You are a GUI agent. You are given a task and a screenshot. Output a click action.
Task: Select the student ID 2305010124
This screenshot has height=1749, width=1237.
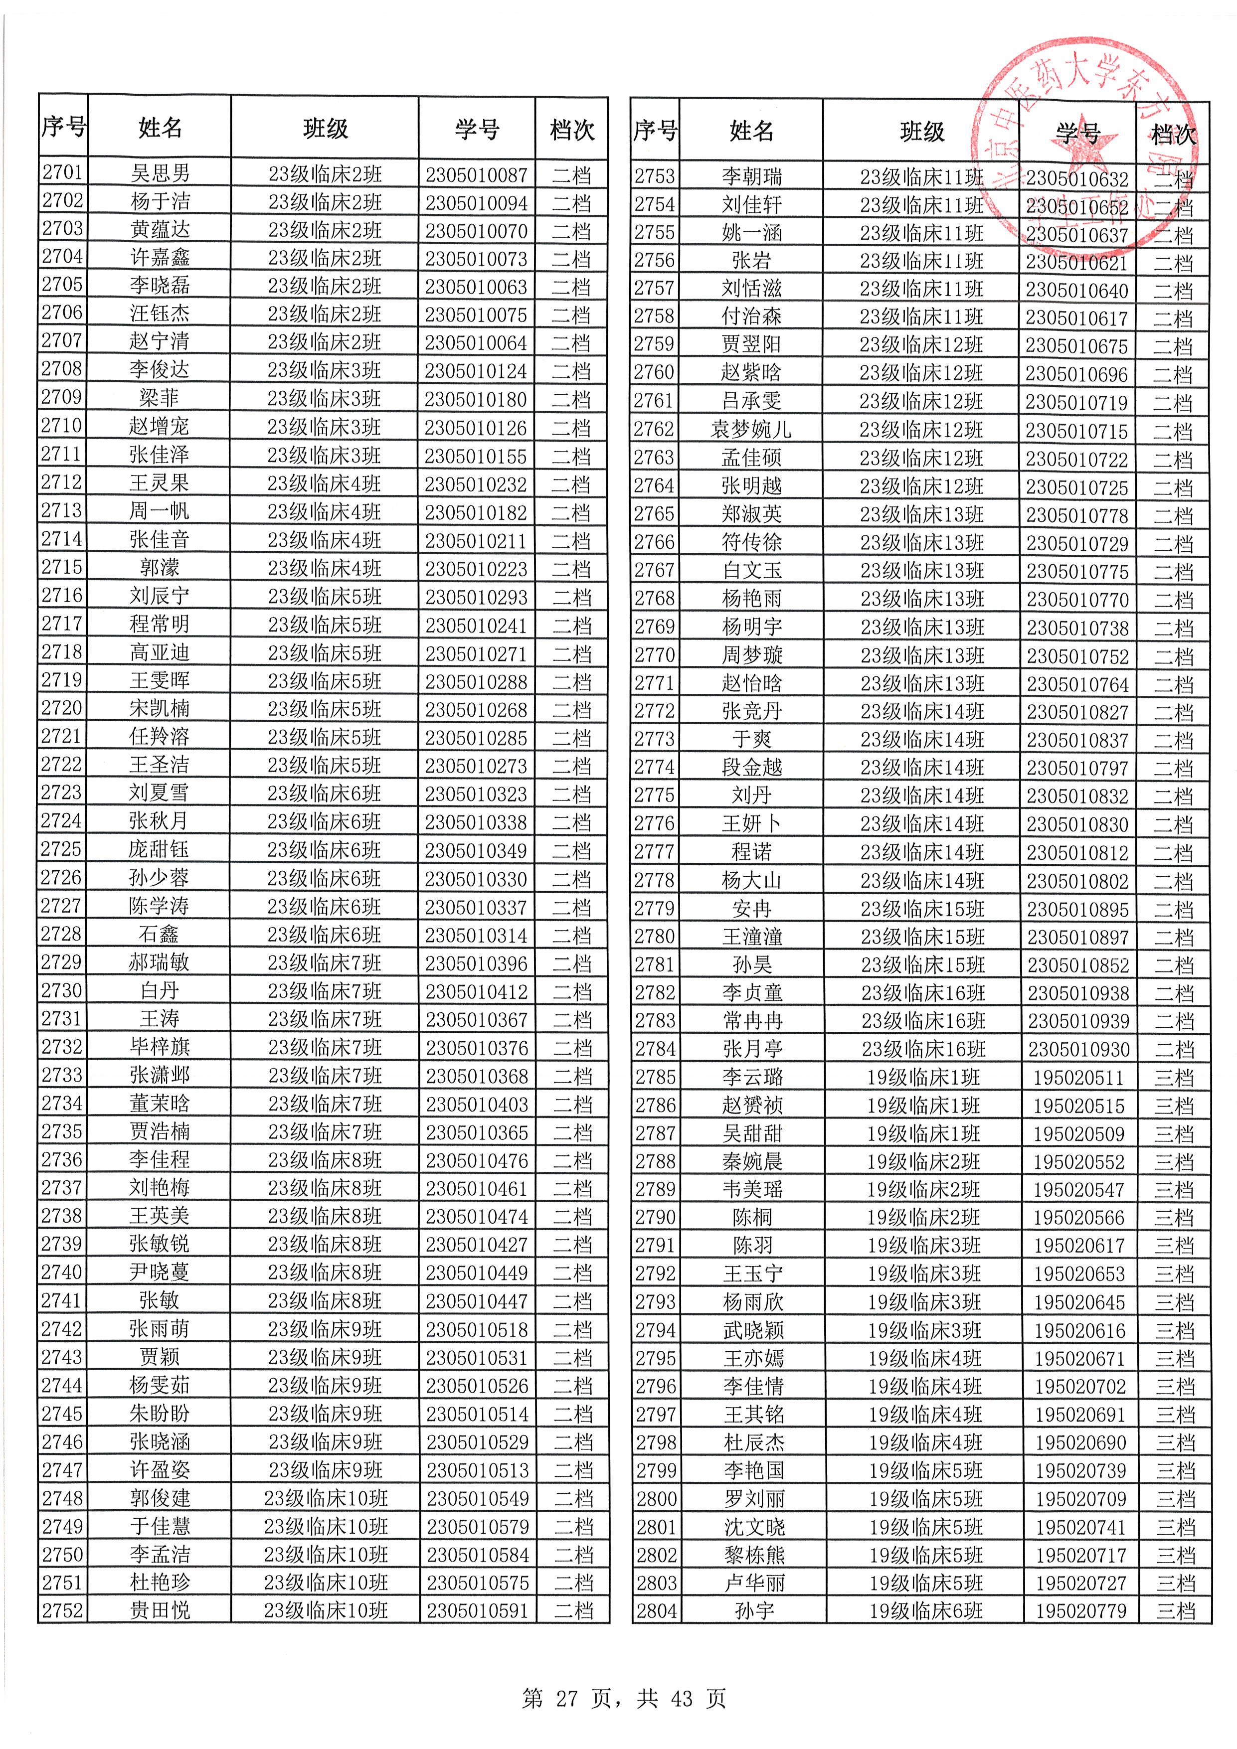pyautogui.click(x=476, y=371)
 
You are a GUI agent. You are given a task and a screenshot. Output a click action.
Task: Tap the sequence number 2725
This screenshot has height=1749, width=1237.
pyautogui.click(x=62, y=849)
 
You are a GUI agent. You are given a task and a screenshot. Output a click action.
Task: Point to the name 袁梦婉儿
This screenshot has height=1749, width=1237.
pyautogui.click(x=751, y=430)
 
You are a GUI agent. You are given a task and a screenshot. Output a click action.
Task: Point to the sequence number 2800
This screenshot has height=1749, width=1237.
pyautogui.click(x=656, y=1499)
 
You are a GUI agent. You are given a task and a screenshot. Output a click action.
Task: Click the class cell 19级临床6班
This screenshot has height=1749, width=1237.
pyautogui.click(x=925, y=1611)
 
